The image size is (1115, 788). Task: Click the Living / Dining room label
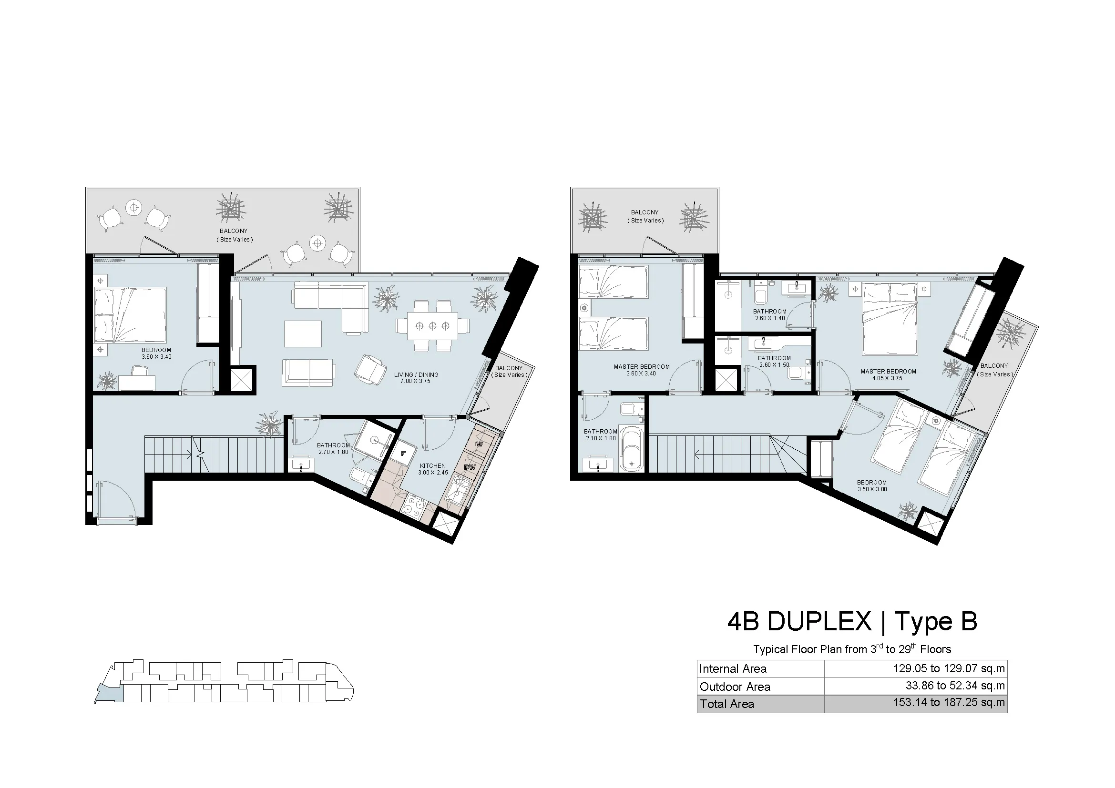coord(416,378)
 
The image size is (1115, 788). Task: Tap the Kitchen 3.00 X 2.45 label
coord(433,469)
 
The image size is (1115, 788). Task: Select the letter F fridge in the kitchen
coord(403,454)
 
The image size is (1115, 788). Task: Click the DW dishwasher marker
coord(470,467)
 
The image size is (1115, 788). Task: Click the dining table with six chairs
coord(433,325)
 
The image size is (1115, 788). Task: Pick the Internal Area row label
coord(733,668)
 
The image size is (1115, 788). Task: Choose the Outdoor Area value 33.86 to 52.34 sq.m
coord(955,686)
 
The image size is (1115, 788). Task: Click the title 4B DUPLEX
coord(799,621)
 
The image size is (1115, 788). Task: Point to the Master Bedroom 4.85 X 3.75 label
coord(888,375)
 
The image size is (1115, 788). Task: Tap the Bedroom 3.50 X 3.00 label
coord(872,485)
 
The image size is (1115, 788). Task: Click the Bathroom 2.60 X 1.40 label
coord(770,315)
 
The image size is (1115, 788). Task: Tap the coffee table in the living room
coord(303,333)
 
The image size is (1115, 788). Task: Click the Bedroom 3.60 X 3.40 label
coord(156,353)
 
